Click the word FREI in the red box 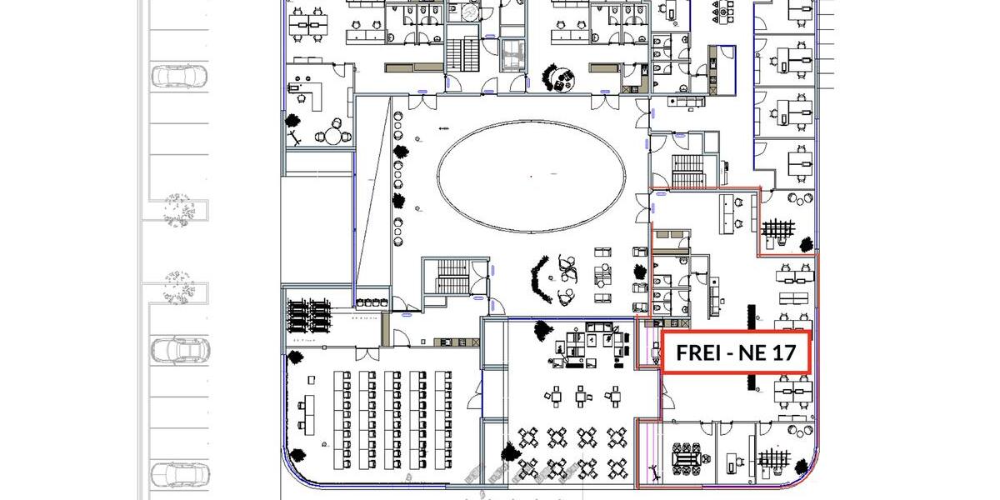pyautogui.click(x=697, y=352)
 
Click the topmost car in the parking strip pyautogui.click(x=178, y=77)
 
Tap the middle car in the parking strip pyautogui.click(x=178, y=351)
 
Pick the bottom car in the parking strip pyautogui.click(x=178, y=475)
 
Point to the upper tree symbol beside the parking pyautogui.click(x=178, y=208)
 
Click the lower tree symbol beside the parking pyautogui.click(x=178, y=287)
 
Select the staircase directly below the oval pyautogui.click(x=450, y=276)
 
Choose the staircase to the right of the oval pyautogui.click(x=687, y=170)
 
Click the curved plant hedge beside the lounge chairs pyautogui.click(x=541, y=278)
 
